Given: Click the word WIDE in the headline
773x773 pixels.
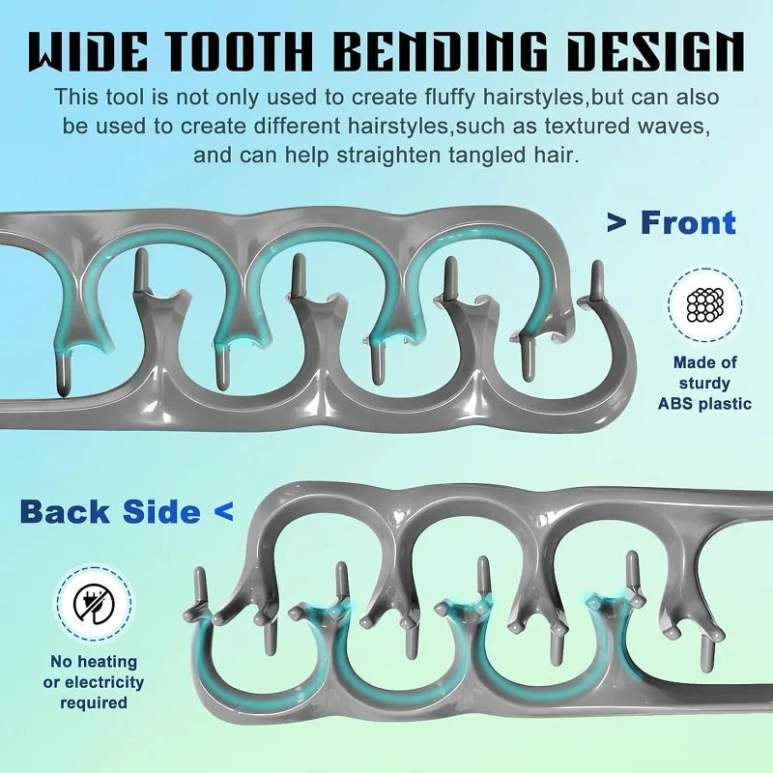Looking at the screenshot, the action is [x=87, y=52].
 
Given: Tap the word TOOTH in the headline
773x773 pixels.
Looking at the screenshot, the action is [x=238, y=52].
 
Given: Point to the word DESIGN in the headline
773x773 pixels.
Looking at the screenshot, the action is [x=656, y=52].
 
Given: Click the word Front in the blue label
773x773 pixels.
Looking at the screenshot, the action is [x=688, y=223].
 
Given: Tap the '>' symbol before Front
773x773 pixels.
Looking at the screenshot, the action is [x=616, y=223].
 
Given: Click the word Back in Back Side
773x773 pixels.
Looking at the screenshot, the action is [x=65, y=511].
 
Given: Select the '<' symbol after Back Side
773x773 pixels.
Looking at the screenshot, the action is [x=224, y=512].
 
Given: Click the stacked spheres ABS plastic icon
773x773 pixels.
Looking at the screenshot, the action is [x=705, y=305].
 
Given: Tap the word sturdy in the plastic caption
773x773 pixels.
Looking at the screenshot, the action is [x=704, y=383].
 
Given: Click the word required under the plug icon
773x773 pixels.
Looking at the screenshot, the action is [x=94, y=703].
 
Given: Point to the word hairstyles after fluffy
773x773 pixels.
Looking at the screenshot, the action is [x=533, y=98].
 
